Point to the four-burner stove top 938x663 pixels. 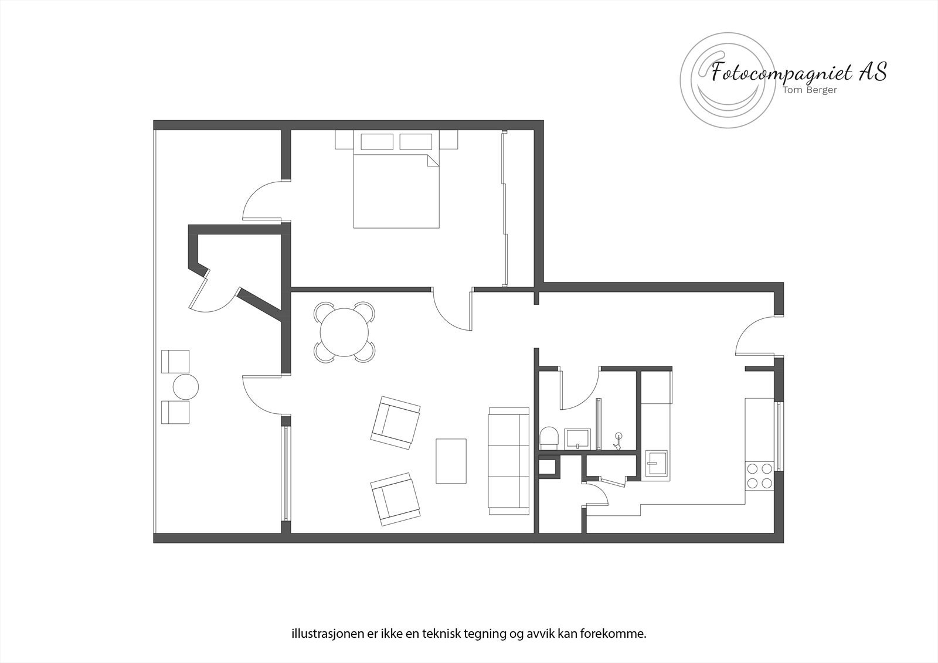[760, 476]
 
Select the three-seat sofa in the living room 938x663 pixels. [509, 461]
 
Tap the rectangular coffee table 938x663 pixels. [451, 461]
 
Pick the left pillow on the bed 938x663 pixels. [377, 142]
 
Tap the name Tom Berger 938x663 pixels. [810, 90]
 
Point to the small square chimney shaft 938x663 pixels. [549, 467]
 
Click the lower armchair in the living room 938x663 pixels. [395, 499]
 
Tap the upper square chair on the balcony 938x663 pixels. [175, 361]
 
